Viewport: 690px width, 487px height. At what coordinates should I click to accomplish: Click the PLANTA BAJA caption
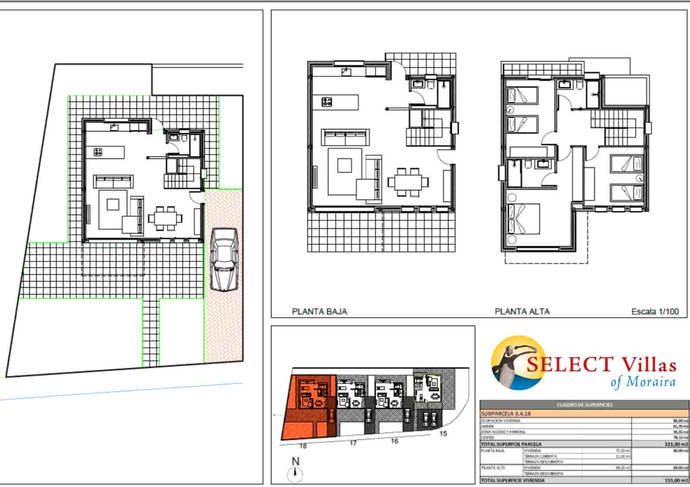[x=319, y=311]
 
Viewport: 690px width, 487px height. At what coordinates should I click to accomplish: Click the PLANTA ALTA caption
[x=522, y=311]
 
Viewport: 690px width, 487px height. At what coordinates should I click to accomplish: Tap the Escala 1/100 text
[x=655, y=311]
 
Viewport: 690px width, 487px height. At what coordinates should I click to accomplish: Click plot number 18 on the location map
[x=303, y=446]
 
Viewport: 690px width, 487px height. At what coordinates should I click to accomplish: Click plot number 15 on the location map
[x=443, y=434]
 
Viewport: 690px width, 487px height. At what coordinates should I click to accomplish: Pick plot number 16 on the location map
[x=394, y=441]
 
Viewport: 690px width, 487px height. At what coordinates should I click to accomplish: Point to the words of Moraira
[x=643, y=382]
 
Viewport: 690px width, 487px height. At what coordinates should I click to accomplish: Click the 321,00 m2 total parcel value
[x=675, y=444]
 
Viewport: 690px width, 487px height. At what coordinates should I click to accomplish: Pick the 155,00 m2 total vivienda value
[x=675, y=480]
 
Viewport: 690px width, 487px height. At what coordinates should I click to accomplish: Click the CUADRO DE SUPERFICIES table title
[x=584, y=405]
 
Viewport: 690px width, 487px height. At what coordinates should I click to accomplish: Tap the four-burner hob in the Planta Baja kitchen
[x=327, y=102]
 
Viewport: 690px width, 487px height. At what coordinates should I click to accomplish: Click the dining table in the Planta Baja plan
[x=409, y=182]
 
